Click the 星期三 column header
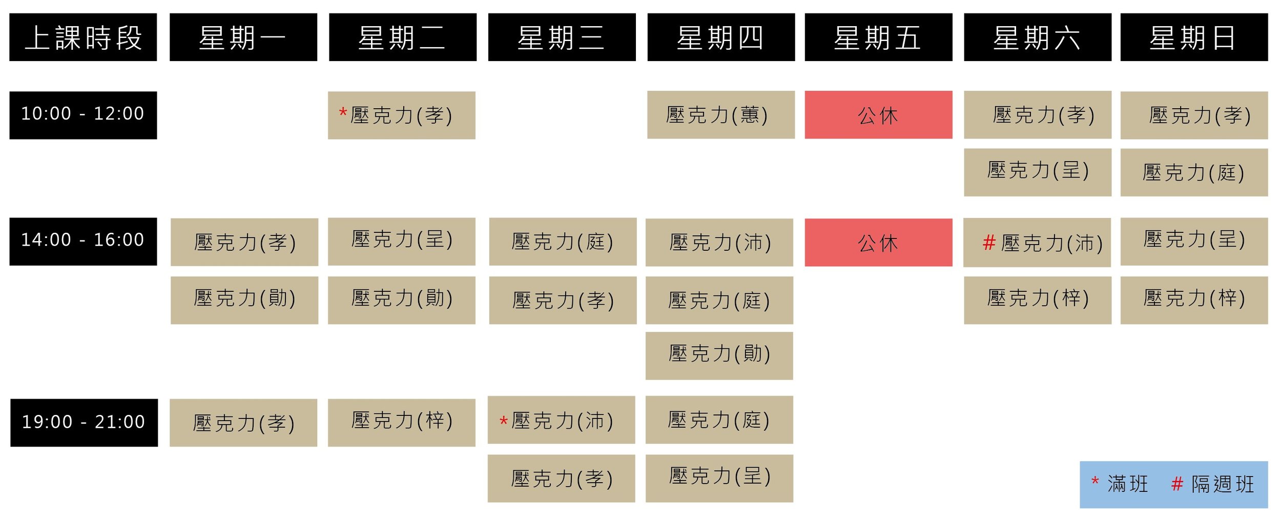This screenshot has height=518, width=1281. pos(562,37)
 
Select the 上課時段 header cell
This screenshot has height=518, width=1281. pos(83,37)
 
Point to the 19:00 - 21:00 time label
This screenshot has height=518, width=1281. pos(84,423)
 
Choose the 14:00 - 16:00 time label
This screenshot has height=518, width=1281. pos(83,241)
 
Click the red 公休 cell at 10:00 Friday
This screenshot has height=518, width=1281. pos(878,115)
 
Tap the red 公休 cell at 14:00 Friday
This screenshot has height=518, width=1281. pos(878,242)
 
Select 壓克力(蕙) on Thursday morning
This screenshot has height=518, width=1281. pos(720,115)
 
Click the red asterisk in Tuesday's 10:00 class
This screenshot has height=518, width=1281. pos(343,112)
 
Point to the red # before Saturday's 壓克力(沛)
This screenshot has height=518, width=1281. pos(988,242)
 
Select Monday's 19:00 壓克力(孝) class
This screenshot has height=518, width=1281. pos(243,423)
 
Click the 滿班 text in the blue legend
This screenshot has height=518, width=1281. pos(1127,484)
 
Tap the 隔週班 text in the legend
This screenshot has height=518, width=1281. pos(1222,484)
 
